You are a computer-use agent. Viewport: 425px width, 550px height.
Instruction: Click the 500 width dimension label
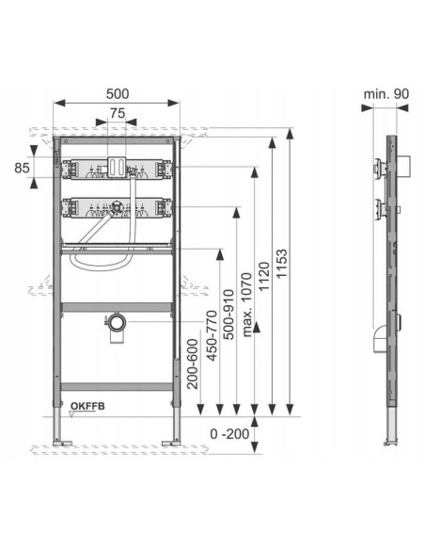click(118, 93)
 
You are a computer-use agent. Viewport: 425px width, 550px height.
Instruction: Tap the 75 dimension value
click(118, 113)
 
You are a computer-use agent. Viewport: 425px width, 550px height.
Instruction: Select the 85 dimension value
click(22, 168)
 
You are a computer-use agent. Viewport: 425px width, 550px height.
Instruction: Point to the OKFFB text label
click(87, 406)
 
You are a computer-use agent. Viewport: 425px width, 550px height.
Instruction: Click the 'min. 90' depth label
click(386, 94)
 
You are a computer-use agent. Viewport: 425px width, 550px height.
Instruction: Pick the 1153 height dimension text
click(281, 264)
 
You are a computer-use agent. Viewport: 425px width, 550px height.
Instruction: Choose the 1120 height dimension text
click(264, 276)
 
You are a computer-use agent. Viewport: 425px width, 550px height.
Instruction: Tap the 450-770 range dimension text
click(212, 335)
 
